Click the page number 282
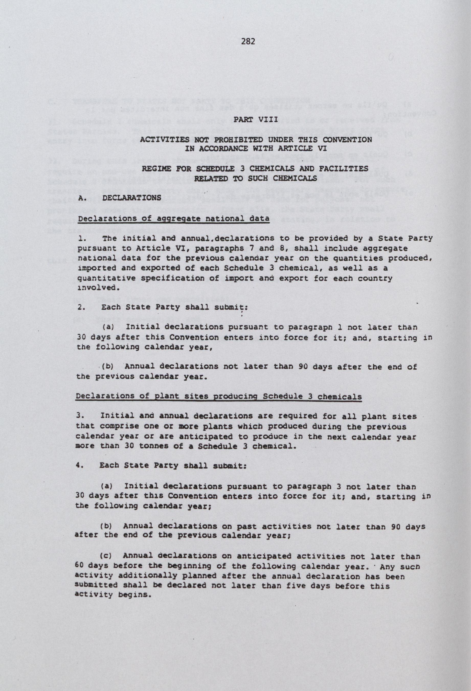[248, 42]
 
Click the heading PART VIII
[255, 120]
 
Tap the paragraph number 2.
[82, 307]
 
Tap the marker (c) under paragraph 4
[105, 555]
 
